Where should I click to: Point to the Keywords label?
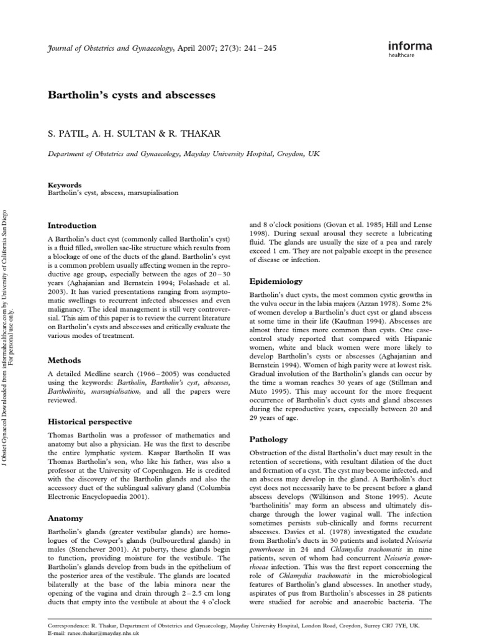tap(65, 184)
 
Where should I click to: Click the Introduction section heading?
tap(72, 225)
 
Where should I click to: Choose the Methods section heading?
tap(65, 360)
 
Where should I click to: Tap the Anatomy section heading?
tap(65, 517)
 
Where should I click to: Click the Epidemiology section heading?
tap(276, 281)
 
